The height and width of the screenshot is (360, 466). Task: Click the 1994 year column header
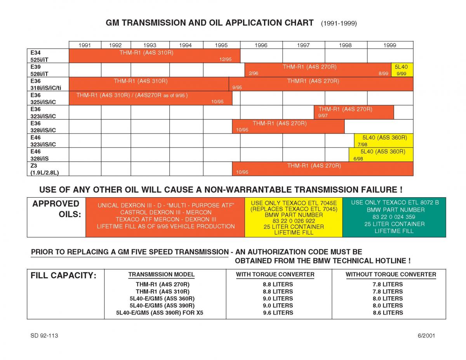tap(186, 45)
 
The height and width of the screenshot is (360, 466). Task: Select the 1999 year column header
tap(389, 45)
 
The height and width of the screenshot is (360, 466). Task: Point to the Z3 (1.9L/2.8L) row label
tap(45, 169)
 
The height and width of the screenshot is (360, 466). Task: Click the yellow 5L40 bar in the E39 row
tap(402, 70)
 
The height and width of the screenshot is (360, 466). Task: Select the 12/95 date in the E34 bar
tap(225, 59)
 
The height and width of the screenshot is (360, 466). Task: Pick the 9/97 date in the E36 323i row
tap(323, 116)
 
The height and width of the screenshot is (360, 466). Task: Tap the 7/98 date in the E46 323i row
tap(362, 144)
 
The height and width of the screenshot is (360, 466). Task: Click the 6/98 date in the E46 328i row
tap(358, 158)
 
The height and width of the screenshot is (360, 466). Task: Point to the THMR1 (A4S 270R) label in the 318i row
tap(313, 81)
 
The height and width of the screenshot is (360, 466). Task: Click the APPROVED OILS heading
tap(56, 209)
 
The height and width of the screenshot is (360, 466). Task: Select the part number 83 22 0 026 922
tap(294, 221)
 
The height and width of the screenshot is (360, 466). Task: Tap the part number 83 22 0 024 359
tap(394, 217)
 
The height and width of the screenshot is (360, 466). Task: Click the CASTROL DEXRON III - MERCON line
tap(166, 212)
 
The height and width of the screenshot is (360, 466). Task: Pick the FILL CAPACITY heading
tap(63, 276)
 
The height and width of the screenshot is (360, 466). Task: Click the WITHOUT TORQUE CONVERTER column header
tap(391, 275)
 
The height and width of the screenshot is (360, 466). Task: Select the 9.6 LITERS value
tap(278, 313)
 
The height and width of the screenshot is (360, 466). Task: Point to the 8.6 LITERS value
tap(388, 313)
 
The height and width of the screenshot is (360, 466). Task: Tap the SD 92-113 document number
tap(44, 336)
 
